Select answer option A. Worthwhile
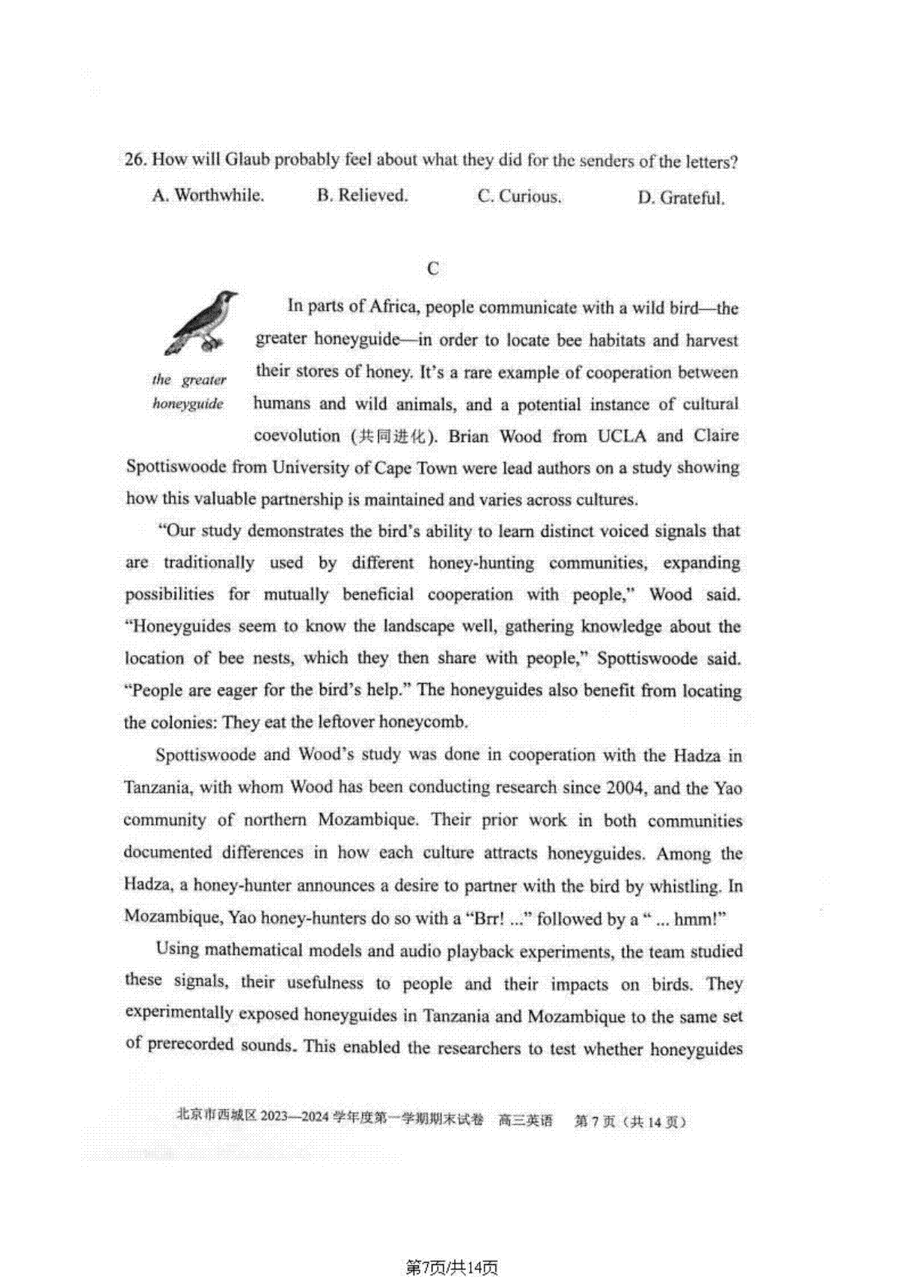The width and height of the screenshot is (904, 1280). pos(208,196)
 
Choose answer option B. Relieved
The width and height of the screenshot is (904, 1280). pos(362,196)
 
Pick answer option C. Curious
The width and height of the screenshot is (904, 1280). pos(520,197)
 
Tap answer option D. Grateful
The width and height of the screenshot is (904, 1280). pos(681,198)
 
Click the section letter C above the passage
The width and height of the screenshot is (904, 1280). pos(432,269)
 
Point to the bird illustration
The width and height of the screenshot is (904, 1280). pos(198,322)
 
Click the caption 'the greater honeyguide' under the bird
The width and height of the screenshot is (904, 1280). pos(188,391)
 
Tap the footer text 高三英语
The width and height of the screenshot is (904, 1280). pos(525,1121)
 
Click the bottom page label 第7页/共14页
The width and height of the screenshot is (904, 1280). pos(452,1268)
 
